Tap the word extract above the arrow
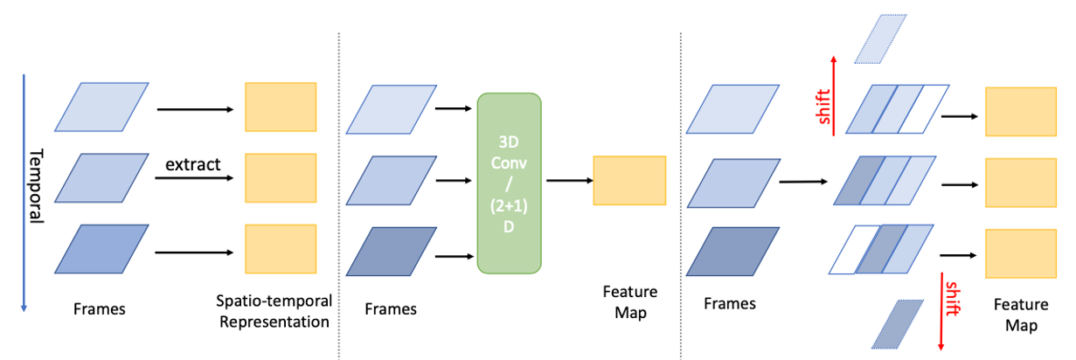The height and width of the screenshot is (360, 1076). (192, 163)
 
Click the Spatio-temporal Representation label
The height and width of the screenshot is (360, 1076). (274, 311)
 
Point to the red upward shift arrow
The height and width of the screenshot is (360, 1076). (833, 96)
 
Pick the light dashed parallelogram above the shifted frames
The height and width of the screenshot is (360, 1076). (883, 39)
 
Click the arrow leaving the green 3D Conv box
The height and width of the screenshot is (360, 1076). (567, 181)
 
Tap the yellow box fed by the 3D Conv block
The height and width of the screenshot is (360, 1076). (629, 181)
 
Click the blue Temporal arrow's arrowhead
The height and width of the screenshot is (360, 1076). (24, 305)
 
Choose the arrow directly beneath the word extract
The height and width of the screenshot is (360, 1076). (195, 180)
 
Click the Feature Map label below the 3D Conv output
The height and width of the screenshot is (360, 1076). (629, 302)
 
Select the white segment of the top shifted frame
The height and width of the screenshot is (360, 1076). (929, 108)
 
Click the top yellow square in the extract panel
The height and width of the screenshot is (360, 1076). (280, 108)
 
